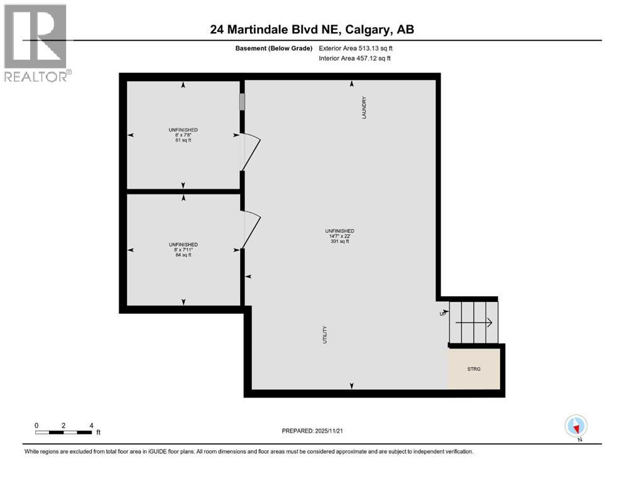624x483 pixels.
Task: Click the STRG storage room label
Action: [x=474, y=369]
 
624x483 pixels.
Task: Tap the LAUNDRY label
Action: [x=364, y=108]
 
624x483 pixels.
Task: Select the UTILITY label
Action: [x=325, y=334]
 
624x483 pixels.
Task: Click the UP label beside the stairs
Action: [x=442, y=314]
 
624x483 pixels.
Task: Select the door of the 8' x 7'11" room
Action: [x=250, y=229]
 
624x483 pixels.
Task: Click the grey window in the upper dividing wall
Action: [x=242, y=102]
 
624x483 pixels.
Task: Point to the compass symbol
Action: [x=576, y=426]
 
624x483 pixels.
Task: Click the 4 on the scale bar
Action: [x=92, y=425]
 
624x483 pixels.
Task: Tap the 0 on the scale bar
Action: [x=36, y=425]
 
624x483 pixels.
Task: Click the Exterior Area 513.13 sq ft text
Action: [x=356, y=48]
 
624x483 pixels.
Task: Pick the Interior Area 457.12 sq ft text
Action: [x=355, y=58]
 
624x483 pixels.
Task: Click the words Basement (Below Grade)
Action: [x=273, y=48]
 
